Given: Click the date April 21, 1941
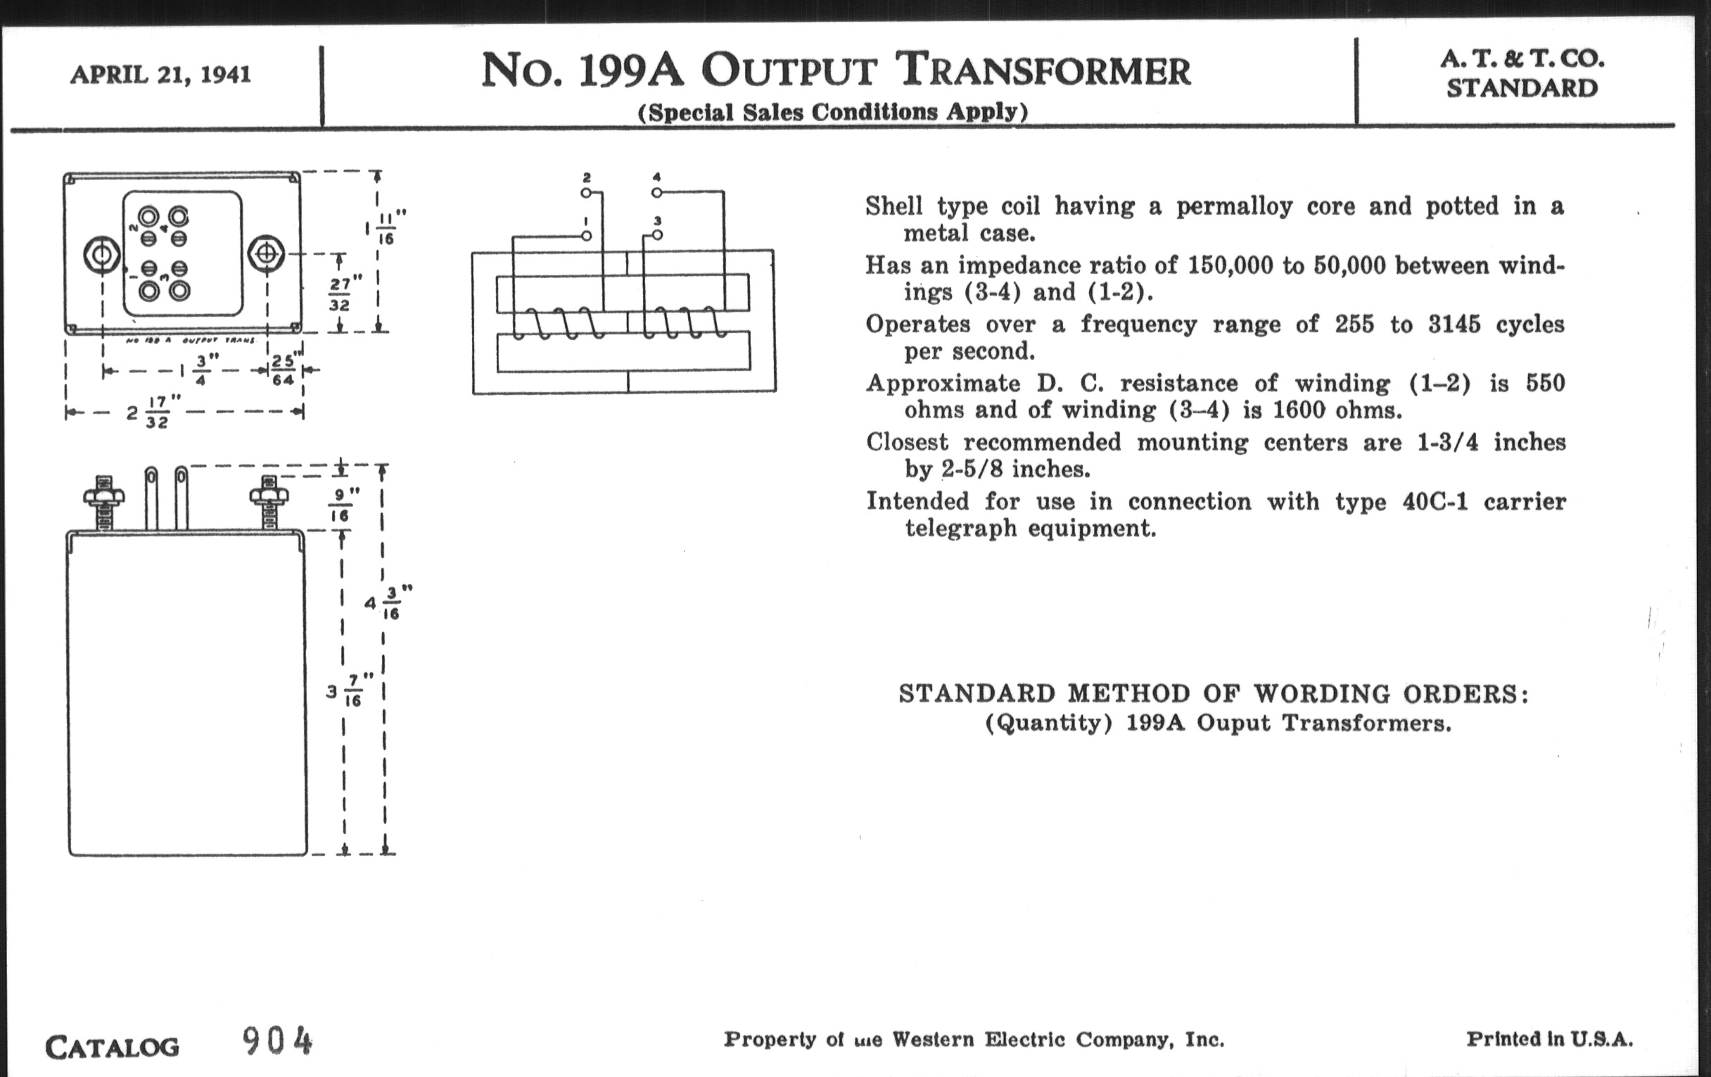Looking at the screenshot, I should click(x=160, y=75).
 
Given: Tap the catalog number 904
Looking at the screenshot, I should click(x=277, y=1043).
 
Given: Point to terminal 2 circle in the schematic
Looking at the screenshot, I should click(x=585, y=193).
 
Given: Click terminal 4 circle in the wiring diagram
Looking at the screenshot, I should click(x=656, y=193).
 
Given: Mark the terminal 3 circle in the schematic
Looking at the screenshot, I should click(x=657, y=234).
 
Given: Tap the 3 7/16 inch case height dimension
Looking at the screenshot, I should click(x=348, y=691).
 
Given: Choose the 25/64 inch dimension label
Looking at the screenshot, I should click(x=284, y=370).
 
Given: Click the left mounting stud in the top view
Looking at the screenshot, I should click(x=101, y=255).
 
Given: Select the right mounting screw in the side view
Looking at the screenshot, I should click(x=269, y=501).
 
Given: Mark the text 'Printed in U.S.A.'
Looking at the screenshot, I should click(x=1549, y=1039).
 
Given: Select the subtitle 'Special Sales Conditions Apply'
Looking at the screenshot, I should click(x=833, y=113).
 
